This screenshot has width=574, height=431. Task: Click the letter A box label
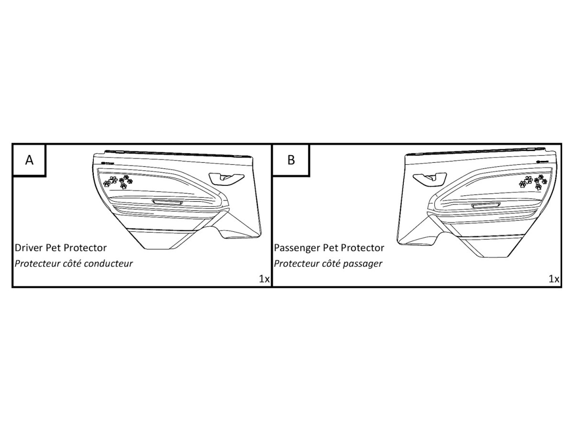pos(29,160)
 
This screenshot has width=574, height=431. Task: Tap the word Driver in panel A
pos(28,248)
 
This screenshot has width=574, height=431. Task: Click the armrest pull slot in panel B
pos(485,205)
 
